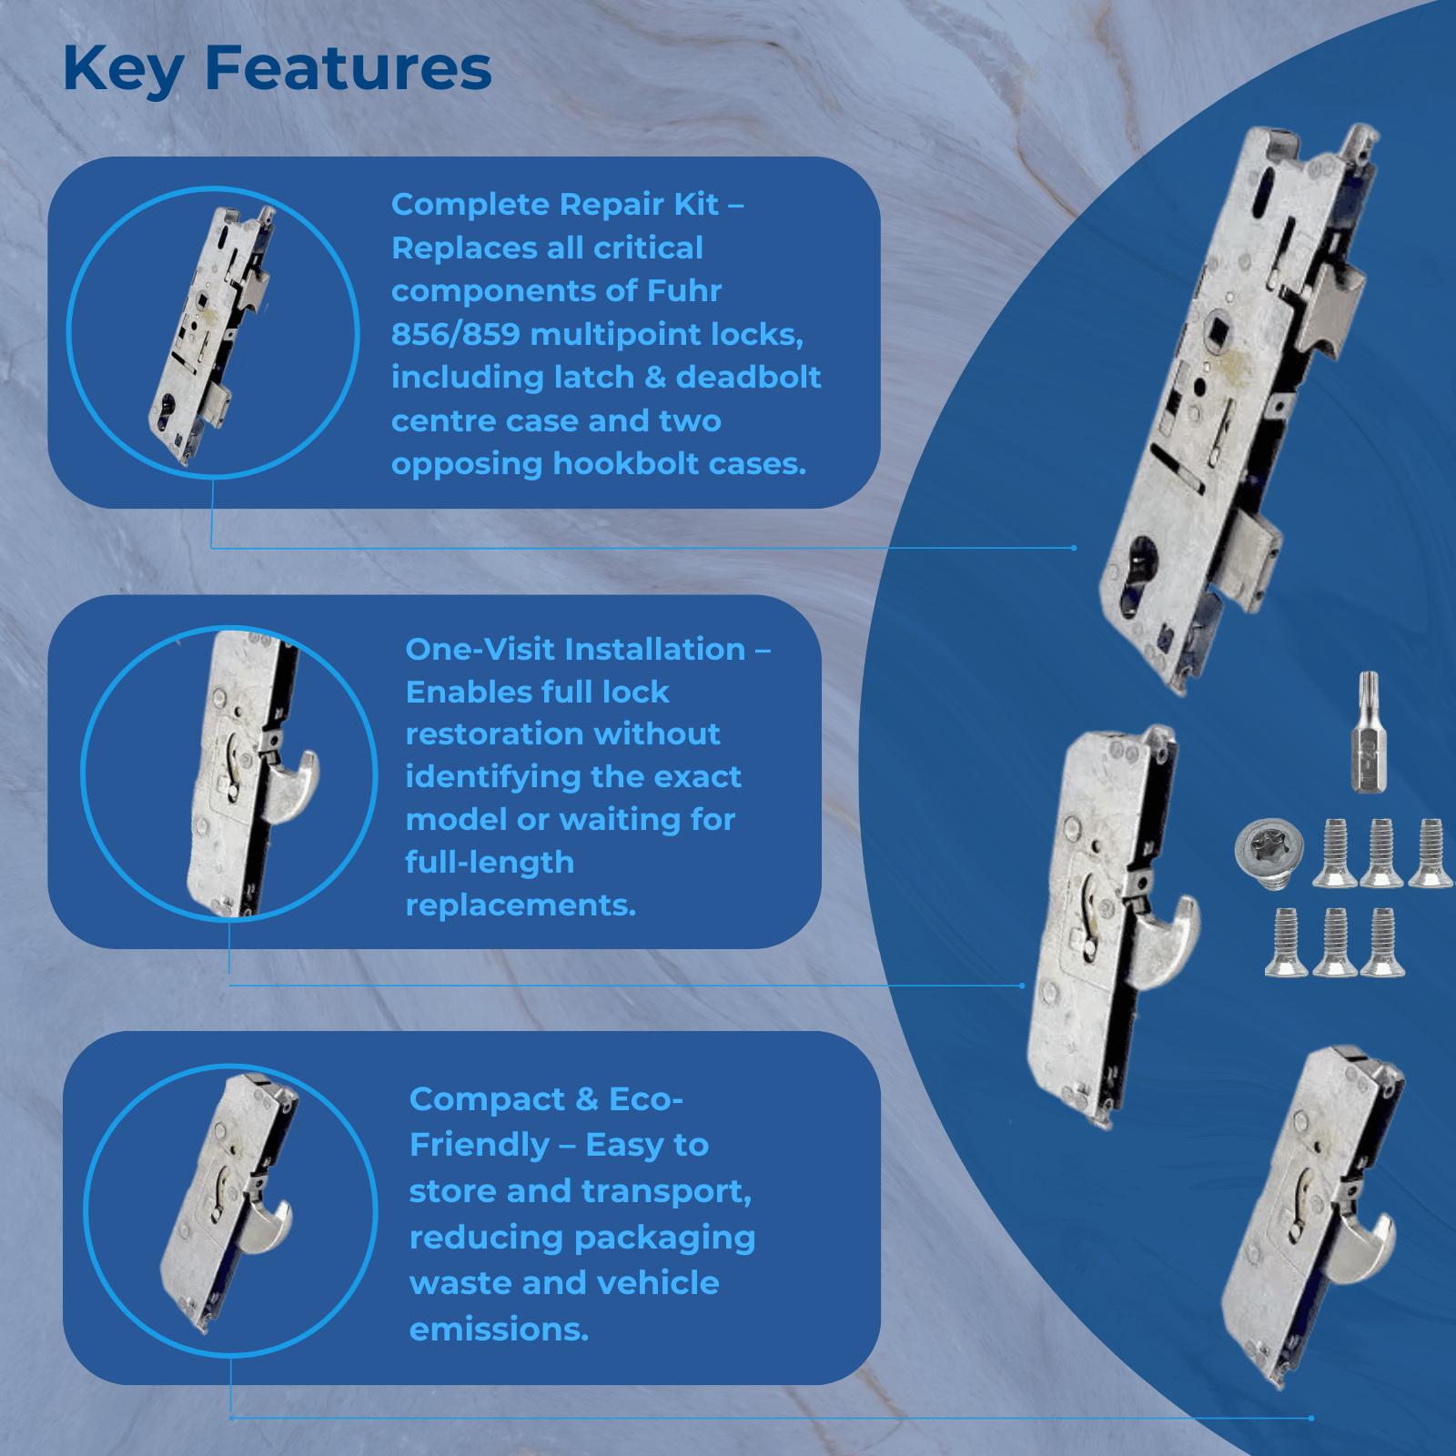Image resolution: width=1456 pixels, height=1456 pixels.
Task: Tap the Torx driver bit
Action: click(1367, 732)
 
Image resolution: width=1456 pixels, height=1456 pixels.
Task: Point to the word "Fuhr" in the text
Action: click(683, 290)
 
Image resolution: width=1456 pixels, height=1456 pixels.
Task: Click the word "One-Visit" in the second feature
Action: click(480, 649)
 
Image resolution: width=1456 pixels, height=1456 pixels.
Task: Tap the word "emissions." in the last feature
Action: click(499, 1330)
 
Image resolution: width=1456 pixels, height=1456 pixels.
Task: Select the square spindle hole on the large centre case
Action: click(1216, 329)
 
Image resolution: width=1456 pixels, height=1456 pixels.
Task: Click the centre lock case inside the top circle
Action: click(212, 335)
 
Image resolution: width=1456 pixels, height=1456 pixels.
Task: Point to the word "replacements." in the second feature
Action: click(521, 906)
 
